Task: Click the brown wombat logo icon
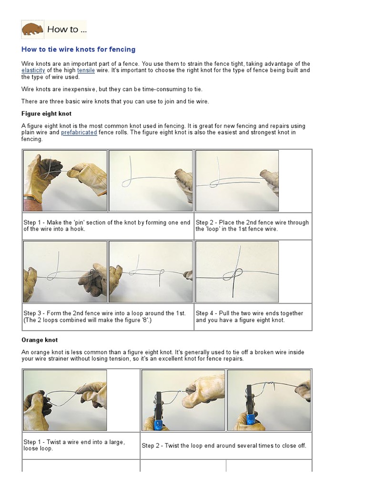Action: (32, 30)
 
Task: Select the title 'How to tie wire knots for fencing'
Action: (78, 50)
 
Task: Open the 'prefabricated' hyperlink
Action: (79, 132)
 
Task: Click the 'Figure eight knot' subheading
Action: (47, 114)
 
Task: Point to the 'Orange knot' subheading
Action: (40, 340)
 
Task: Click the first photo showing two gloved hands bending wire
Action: (65, 181)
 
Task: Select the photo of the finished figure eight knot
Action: (237, 272)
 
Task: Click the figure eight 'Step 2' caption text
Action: (252, 225)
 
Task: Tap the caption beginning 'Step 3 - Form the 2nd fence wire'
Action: (105, 316)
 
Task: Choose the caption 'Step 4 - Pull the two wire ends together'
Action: (249, 316)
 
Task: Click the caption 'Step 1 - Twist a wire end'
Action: (74, 445)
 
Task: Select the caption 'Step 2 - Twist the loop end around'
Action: (224, 446)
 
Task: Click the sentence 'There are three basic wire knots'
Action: (115, 101)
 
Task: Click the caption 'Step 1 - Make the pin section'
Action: (108, 225)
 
